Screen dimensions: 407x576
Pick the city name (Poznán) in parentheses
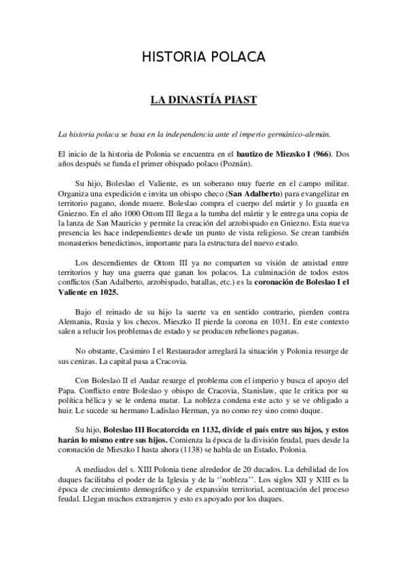[247, 165]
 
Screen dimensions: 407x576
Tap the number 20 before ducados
[233, 478]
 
